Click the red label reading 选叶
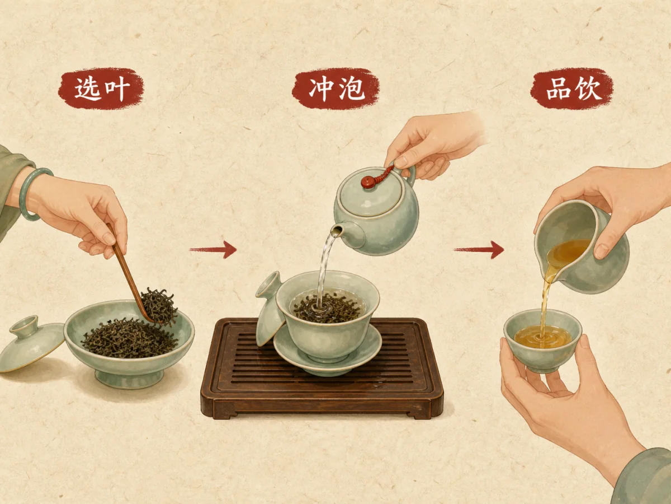[x=101, y=88]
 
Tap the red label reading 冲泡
[x=335, y=88]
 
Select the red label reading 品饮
[x=572, y=88]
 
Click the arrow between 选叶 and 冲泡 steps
[x=213, y=249]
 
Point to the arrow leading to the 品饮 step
[x=479, y=249]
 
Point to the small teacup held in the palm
[x=542, y=340]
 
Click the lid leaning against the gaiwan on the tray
[x=269, y=309]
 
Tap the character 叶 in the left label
[x=117, y=88]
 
